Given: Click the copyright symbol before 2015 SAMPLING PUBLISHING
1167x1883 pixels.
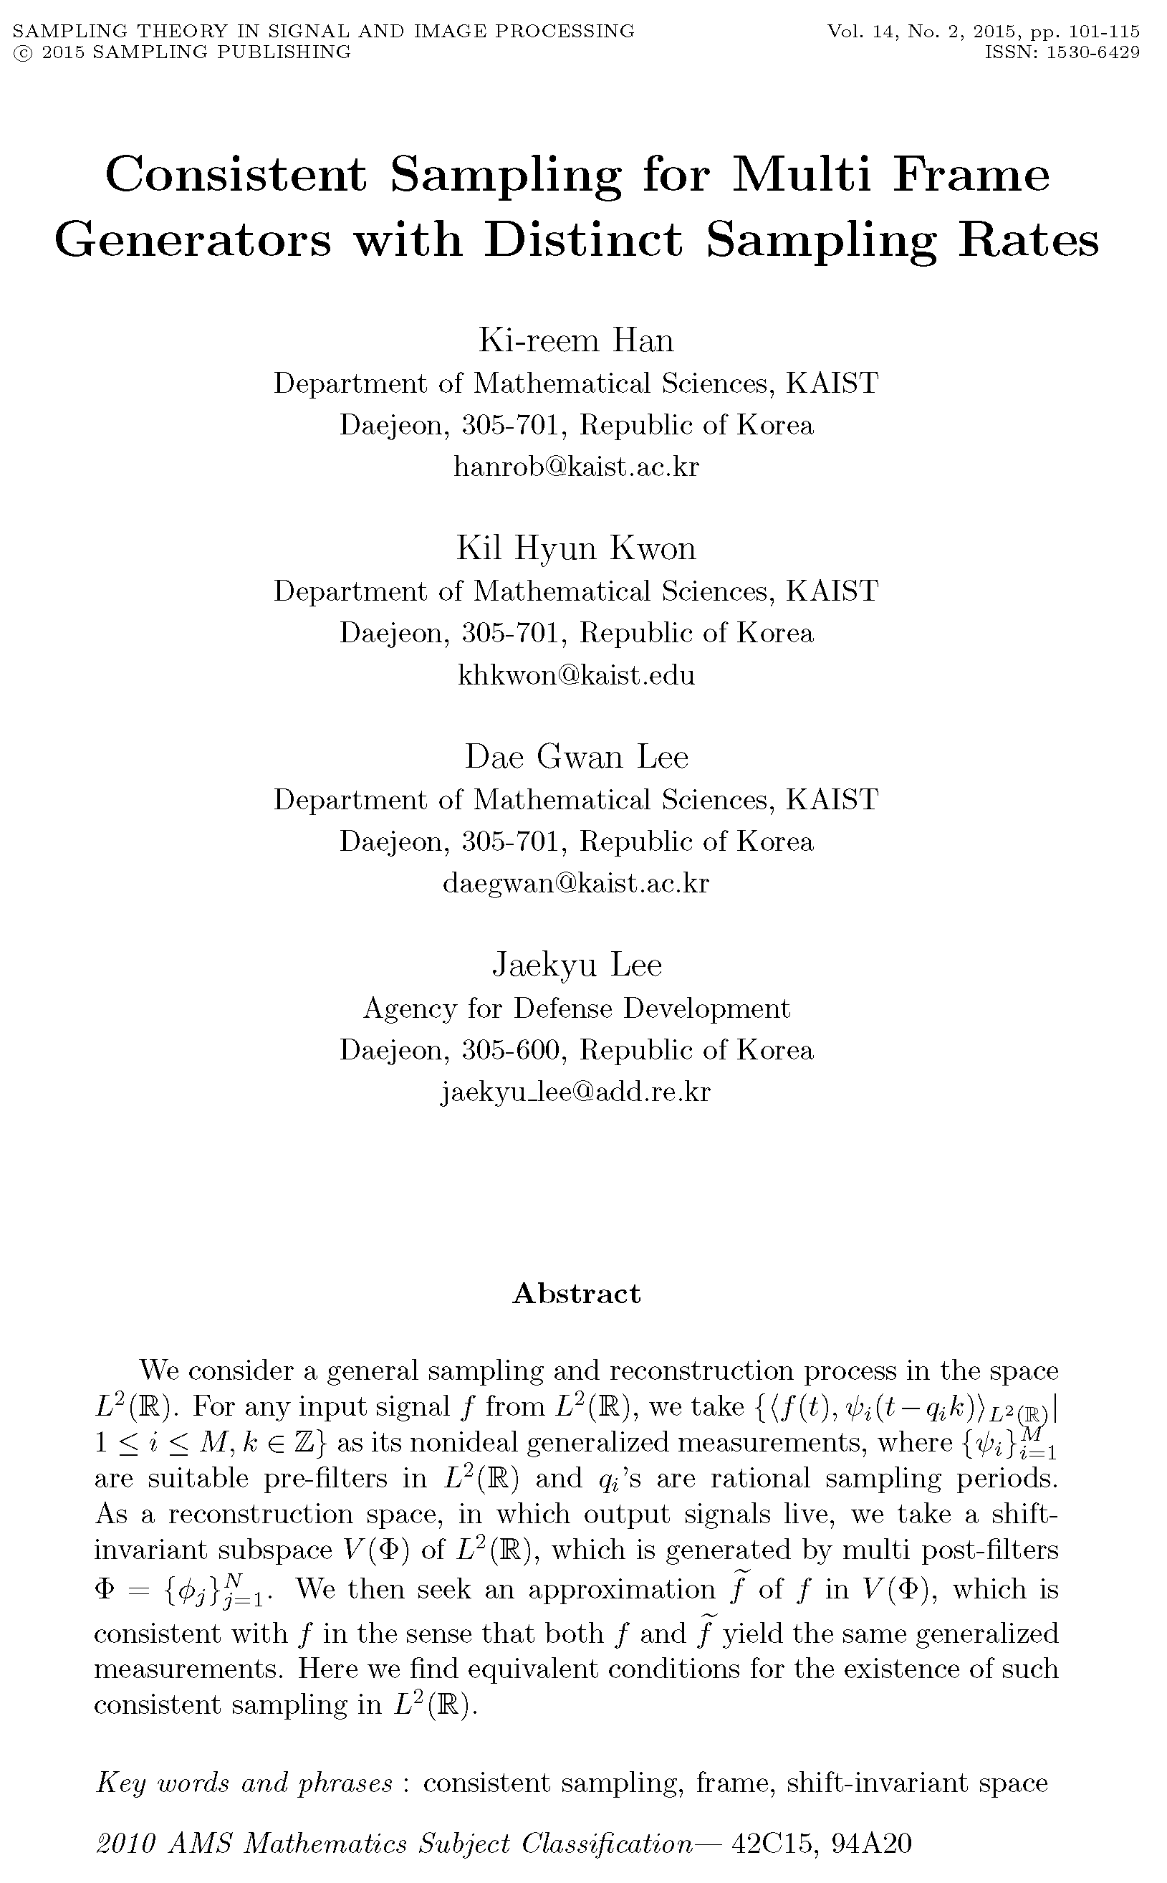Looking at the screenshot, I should tap(23, 52).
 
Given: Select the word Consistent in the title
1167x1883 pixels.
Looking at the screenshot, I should tap(236, 174).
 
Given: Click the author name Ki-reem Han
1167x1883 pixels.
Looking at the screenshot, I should tap(576, 340).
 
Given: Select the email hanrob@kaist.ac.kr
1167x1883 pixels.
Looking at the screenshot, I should tap(576, 467).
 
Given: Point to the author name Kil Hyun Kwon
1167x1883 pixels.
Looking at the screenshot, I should tap(576, 548).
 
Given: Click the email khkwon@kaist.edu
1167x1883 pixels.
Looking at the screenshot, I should tap(576, 674).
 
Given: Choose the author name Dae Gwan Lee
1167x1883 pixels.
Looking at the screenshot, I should tap(576, 757).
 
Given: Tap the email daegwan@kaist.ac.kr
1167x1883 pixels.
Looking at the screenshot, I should tap(576, 882).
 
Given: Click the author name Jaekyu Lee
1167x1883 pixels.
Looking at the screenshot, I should tap(577, 965).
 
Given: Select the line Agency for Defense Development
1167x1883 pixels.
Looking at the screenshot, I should tap(577, 1009).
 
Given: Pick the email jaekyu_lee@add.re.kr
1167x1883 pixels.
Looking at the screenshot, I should tap(576, 1092).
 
